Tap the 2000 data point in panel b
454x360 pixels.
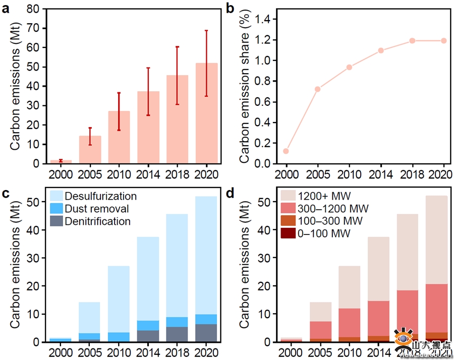287,151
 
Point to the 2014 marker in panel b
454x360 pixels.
381,50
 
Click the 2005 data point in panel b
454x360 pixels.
318,89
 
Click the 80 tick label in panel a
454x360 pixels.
33,9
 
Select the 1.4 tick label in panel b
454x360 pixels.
265,19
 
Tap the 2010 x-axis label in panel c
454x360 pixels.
119,352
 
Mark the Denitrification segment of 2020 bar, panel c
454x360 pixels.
207,333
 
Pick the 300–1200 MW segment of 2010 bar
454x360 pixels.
349,323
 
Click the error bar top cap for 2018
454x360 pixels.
178,47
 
